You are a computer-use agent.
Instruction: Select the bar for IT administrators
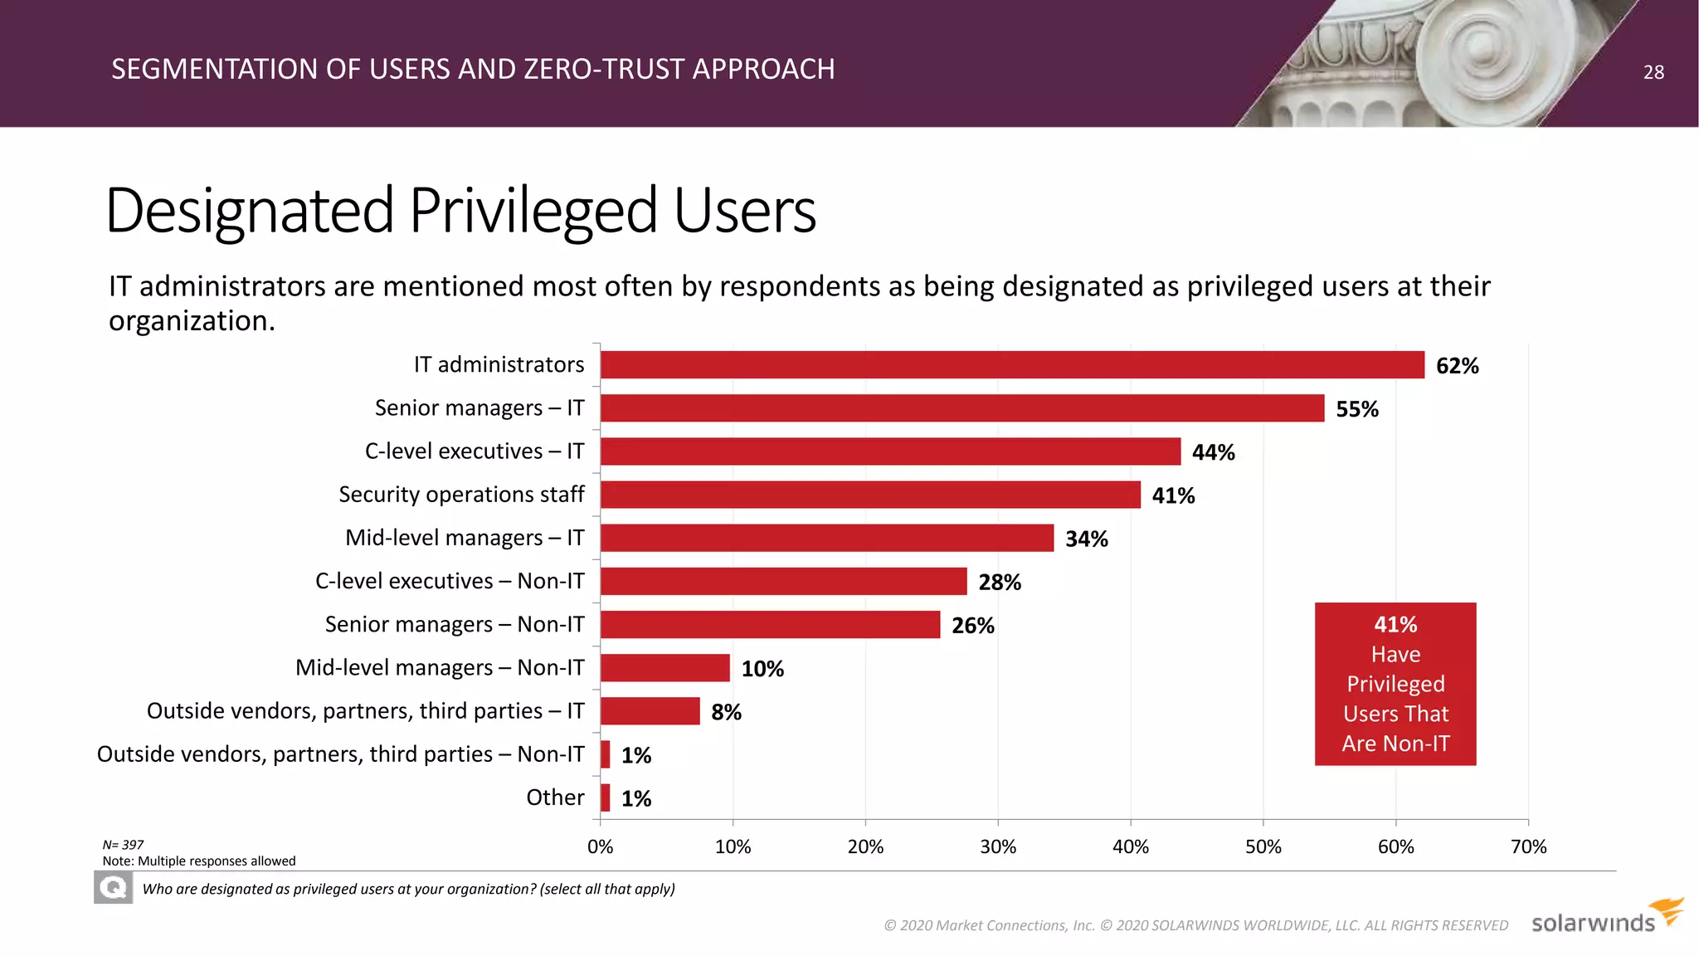pyautogui.click(x=1012, y=365)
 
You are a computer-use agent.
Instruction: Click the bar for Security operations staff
pyautogui.click(x=870, y=495)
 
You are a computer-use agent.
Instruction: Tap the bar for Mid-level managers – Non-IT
pyautogui.click(x=665, y=668)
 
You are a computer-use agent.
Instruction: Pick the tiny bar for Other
pyautogui.click(x=606, y=797)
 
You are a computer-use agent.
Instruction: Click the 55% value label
pyautogui.click(x=1356, y=409)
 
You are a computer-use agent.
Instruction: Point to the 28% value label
pyautogui.click(x=999, y=583)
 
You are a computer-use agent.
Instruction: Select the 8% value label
pyautogui.click(x=726, y=712)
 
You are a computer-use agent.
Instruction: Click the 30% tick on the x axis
pyautogui.click(x=998, y=846)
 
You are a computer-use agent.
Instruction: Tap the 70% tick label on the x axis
pyautogui.click(x=1528, y=846)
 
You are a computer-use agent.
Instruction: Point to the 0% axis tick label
pyautogui.click(x=600, y=846)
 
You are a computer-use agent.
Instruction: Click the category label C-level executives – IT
pyautogui.click(x=475, y=451)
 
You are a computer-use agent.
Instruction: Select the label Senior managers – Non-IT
pyautogui.click(x=455, y=624)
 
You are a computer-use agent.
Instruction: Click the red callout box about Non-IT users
pyautogui.click(x=1395, y=684)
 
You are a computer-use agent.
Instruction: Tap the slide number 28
pyautogui.click(x=1653, y=72)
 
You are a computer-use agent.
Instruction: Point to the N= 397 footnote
pyautogui.click(x=123, y=845)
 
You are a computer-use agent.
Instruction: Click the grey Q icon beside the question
pyautogui.click(x=113, y=889)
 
